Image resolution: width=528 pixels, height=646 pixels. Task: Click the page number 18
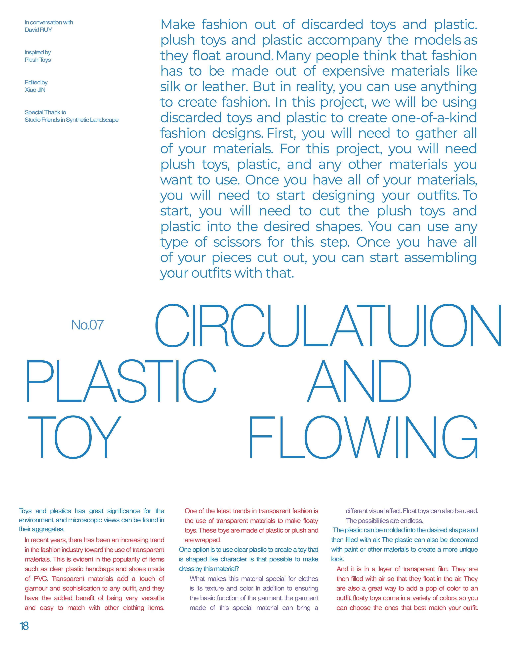(24, 626)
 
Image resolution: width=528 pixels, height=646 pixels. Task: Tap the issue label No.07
(87, 325)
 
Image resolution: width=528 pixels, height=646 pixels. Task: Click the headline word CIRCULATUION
(328, 326)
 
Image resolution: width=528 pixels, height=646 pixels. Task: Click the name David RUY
(38, 30)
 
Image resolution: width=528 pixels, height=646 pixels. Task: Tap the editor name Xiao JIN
(35, 90)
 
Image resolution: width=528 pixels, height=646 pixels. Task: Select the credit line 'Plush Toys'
(38, 60)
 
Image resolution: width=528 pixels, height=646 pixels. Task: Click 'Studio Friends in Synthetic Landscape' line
(72, 120)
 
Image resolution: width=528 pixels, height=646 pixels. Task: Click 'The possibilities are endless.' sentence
(384, 521)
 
